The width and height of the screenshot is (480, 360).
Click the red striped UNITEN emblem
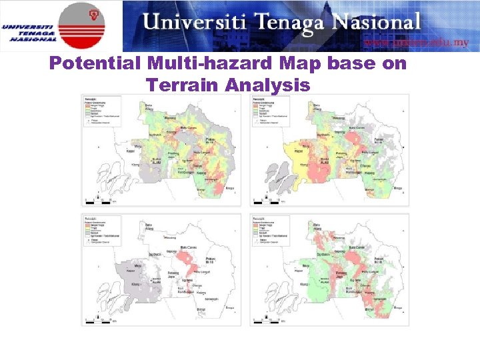81,25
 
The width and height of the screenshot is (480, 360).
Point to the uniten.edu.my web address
416,42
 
